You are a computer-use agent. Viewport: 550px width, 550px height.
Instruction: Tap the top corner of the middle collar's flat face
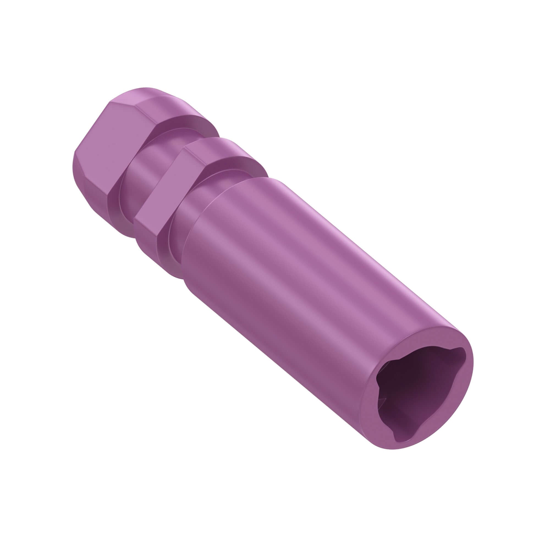point(185,147)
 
